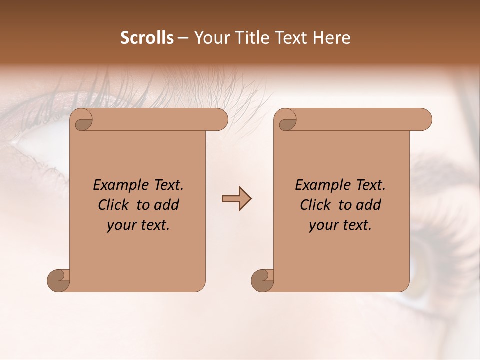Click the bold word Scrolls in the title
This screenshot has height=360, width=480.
pyautogui.click(x=147, y=38)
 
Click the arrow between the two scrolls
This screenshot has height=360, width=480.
pyautogui.click(x=236, y=199)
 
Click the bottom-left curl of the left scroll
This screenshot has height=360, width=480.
pyautogui.click(x=58, y=280)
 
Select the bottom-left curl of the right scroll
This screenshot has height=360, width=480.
pyautogui.click(x=262, y=280)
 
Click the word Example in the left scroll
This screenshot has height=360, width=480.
pyautogui.click(x=115, y=185)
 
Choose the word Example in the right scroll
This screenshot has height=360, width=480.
pyautogui.click(x=317, y=185)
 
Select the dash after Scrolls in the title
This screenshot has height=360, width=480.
pyautogui.click(x=183, y=38)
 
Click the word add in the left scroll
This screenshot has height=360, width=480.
pyautogui.click(x=166, y=205)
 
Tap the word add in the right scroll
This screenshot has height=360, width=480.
pyautogui.click(x=368, y=205)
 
